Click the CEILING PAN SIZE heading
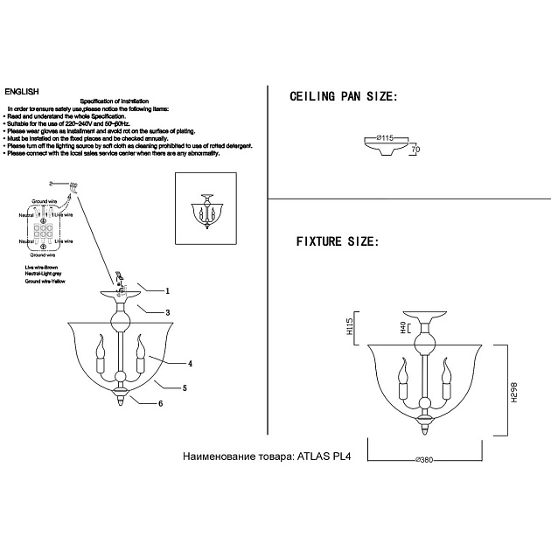point(343,97)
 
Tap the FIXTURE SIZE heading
point(337,241)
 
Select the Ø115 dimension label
point(387,138)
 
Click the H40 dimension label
point(403,329)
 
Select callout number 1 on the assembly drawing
point(166,289)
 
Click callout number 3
point(166,311)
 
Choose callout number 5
point(185,386)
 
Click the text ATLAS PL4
point(323,457)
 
